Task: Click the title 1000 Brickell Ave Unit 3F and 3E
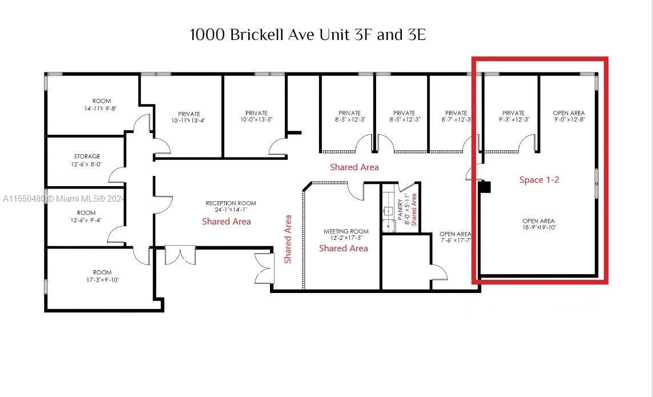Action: (308, 35)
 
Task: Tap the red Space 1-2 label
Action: (539, 180)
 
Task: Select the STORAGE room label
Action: (87, 156)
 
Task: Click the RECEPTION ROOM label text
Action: (231, 203)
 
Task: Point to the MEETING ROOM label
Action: (346, 231)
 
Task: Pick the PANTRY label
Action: (401, 209)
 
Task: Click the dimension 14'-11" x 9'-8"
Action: (100, 109)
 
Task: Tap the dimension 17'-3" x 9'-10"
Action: (102, 280)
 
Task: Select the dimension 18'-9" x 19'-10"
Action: (539, 227)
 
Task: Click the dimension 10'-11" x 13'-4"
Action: (188, 121)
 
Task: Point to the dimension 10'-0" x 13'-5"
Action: (256, 119)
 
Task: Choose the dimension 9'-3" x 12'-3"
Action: (514, 119)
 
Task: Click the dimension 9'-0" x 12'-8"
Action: (569, 119)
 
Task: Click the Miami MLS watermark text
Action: (63, 199)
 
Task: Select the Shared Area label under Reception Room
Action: (227, 222)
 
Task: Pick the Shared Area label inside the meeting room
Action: (344, 248)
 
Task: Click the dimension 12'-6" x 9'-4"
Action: (86, 220)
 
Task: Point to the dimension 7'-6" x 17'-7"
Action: (455, 240)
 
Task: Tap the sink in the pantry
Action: (388, 211)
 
